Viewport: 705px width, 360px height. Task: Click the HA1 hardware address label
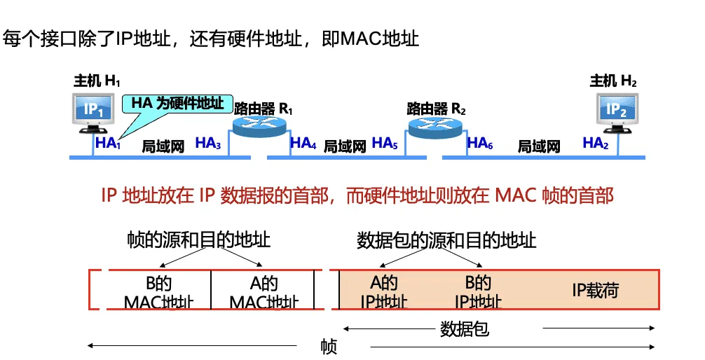click(x=109, y=144)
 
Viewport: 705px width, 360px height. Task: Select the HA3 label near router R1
click(x=208, y=144)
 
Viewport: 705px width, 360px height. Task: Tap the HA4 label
click(x=303, y=144)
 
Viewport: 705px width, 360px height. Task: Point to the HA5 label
click(x=385, y=144)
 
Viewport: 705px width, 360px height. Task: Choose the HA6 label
click(x=480, y=144)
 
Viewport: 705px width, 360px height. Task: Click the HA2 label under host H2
click(x=596, y=144)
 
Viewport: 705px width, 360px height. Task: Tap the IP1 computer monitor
click(x=94, y=111)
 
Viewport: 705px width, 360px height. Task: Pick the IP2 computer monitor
click(x=616, y=110)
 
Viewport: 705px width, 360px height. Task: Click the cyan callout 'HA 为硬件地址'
click(x=177, y=104)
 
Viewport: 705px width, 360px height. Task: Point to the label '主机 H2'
click(x=613, y=81)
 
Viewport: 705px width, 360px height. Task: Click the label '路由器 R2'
click(x=436, y=109)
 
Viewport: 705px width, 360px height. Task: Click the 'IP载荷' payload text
click(x=595, y=291)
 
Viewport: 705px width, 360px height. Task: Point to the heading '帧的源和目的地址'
click(x=198, y=240)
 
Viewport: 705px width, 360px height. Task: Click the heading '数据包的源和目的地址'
click(x=446, y=240)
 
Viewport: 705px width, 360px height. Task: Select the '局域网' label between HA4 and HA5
click(x=345, y=146)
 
